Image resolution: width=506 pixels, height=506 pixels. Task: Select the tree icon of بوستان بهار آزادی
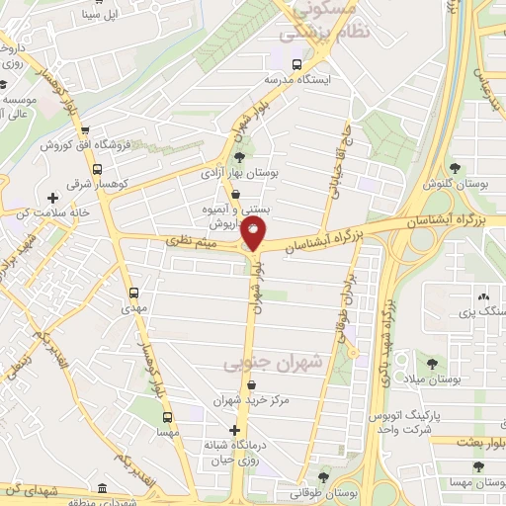pos(238,156)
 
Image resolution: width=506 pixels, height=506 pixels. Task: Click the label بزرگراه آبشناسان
pos(344,232)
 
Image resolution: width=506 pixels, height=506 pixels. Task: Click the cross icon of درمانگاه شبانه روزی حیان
pos(234,430)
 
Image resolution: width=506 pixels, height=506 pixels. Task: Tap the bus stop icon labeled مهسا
pos(167,416)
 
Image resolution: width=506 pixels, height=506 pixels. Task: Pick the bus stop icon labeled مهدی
pos(134,293)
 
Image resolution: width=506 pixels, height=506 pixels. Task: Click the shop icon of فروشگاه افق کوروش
pos(84,130)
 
